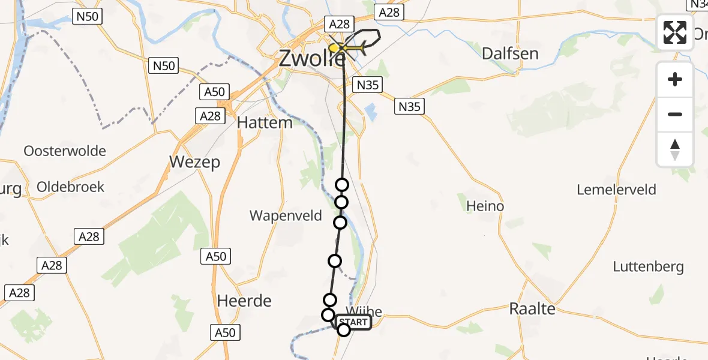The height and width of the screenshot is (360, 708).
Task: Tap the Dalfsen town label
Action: pos(510,53)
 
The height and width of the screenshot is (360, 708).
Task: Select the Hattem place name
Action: pos(265,122)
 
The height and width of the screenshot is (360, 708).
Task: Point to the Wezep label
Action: pos(195,162)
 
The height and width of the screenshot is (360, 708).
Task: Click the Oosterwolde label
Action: pos(65,151)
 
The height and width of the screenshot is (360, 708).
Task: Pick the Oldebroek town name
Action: pos(70,187)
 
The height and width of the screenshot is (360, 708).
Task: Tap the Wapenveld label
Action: pos(286,215)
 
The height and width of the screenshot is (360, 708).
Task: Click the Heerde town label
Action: pos(244,301)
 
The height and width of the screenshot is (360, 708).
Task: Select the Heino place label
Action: pos(485,206)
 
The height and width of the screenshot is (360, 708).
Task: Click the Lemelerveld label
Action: pos(616,190)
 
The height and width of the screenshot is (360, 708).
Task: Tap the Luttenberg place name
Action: pos(648,266)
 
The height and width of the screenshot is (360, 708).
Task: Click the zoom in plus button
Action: pos(675,79)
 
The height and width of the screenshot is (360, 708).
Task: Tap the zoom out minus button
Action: pos(675,114)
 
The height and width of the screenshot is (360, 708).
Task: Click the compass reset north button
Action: pos(675,149)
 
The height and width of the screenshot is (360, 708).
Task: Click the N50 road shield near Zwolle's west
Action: pos(163,65)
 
